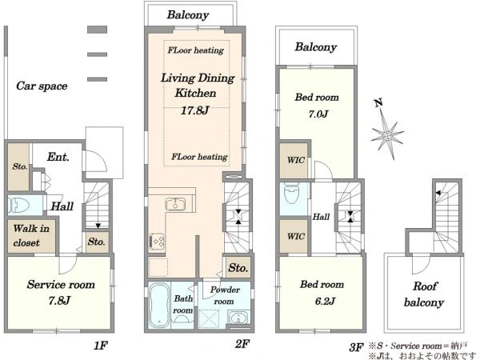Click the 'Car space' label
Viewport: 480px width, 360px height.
click(42, 86)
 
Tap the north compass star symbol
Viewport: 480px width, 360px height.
click(387, 134)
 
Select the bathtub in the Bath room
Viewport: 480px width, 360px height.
click(159, 304)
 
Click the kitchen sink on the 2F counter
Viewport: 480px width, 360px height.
click(175, 204)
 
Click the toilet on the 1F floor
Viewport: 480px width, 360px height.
click(18, 205)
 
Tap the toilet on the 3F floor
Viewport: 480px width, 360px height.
click(291, 194)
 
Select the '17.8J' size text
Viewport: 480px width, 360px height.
click(194, 110)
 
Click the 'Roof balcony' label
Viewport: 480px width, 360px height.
click(424, 294)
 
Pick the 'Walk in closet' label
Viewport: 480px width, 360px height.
click(31, 235)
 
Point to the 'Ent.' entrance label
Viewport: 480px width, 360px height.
click(58, 157)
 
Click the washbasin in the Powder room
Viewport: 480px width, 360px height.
click(238, 318)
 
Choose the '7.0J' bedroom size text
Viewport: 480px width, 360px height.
click(318, 114)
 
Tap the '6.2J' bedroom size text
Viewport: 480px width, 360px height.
click(325, 302)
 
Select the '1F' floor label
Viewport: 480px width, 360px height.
click(101, 346)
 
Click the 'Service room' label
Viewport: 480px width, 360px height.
click(61, 284)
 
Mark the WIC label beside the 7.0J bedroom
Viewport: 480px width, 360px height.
click(296, 160)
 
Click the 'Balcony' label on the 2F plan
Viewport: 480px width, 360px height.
click(188, 14)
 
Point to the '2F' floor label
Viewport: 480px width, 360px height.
click(242, 344)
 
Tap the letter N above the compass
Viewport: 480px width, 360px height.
click(378, 103)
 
